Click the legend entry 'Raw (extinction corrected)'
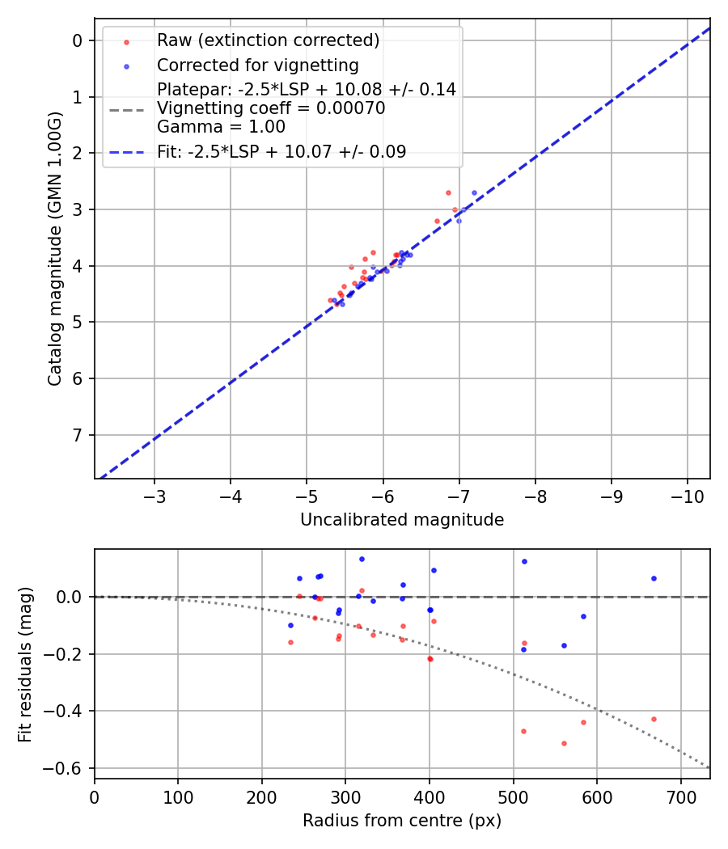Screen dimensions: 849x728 (268, 40)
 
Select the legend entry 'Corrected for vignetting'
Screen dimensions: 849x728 (257, 65)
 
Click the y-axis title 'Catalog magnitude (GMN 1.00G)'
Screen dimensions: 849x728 (54, 246)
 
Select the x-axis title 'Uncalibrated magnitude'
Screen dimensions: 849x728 (402, 520)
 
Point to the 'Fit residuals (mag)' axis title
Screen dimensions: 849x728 (25, 663)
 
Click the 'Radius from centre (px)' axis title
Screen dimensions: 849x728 (402, 821)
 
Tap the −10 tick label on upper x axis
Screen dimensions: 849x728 (687, 495)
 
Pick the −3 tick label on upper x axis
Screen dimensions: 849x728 (154, 495)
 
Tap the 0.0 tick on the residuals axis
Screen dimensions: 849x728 (71, 597)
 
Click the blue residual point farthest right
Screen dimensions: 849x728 (654, 578)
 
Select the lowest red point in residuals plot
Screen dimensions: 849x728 (564, 743)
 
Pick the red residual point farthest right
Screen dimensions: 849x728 (654, 719)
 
